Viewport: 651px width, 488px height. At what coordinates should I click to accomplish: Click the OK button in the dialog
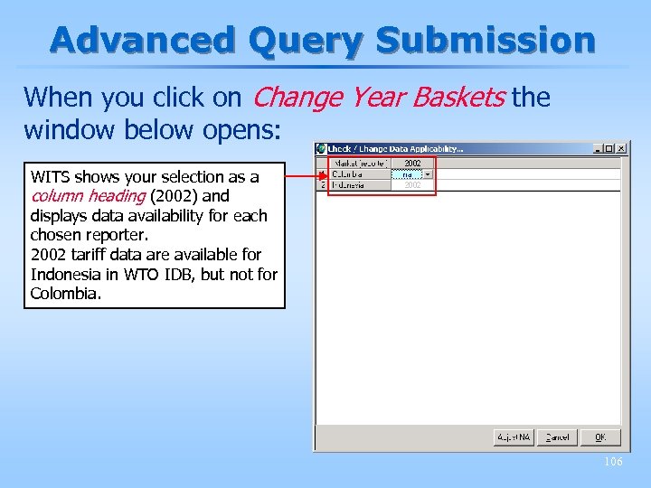(x=600, y=437)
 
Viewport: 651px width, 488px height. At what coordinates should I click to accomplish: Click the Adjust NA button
(x=513, y=437)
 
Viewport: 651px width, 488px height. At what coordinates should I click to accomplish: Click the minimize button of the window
(x=598, y=148)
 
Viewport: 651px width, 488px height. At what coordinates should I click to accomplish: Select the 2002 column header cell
(x=412, y=164)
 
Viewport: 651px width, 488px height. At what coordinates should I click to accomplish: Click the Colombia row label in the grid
(x=359, y=174)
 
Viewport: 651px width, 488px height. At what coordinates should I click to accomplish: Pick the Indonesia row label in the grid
(x=359, y=184)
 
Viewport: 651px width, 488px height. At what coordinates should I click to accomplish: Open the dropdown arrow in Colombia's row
(x=428, y=174)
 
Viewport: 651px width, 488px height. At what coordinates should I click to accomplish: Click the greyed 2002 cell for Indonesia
(x=412, y=184)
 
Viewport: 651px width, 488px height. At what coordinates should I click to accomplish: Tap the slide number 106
(x=613, y=462)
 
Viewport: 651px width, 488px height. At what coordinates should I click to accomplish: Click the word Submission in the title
(x=486, y=40)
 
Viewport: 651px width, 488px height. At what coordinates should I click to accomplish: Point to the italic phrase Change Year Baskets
(x=380, y=97)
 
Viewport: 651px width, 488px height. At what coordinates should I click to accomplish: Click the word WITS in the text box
(x=51, y=176)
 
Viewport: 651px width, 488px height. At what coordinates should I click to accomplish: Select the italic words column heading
(x=88, y=196)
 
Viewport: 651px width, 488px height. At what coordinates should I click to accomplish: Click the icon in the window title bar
(x=321, y=148)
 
